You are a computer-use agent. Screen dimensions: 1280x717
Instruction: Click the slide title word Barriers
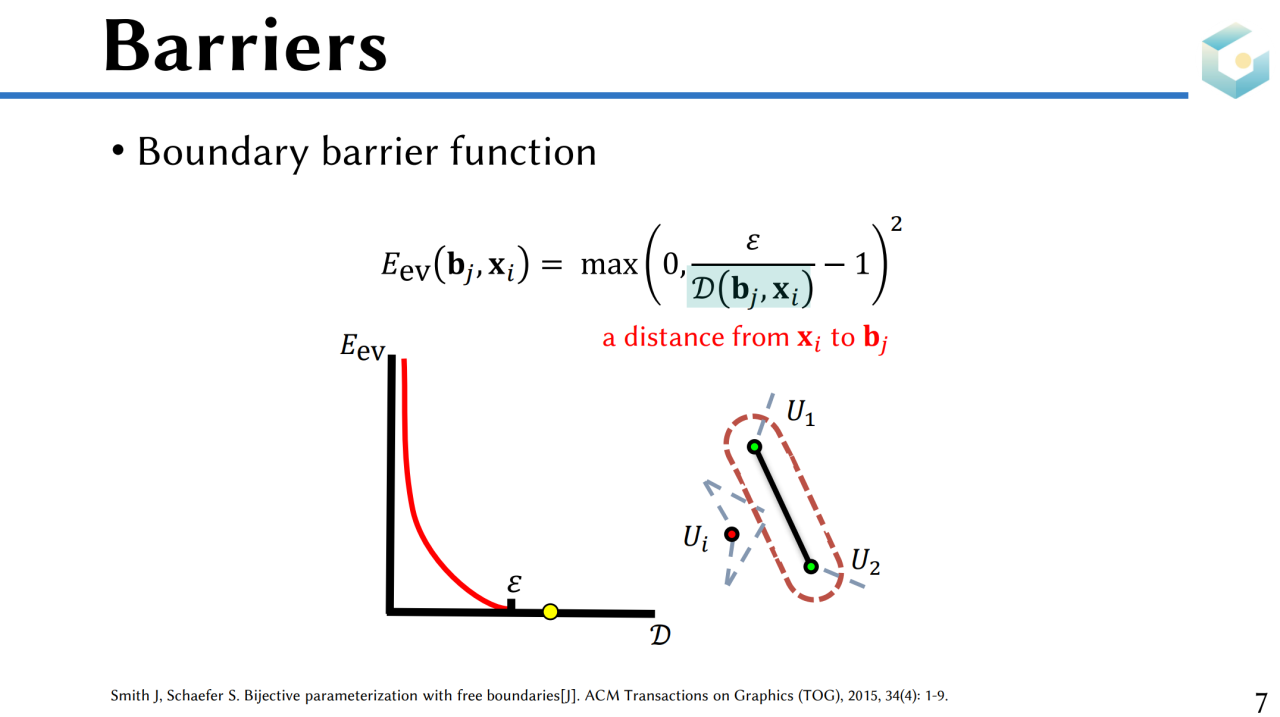[x=246, y=46]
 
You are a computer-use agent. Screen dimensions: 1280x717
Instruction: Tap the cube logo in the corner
[x=1235, y=60]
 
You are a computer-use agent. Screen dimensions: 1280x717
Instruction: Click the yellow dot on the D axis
[x=550, y=612]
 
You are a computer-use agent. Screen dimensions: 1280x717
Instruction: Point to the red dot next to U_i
[x=731, y=534]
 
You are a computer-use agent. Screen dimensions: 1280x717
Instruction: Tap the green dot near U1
[x=754, y=447]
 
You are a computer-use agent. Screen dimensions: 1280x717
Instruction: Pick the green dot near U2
[x=811, y=567]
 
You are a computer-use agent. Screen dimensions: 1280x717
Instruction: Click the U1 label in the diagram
[x=801, y=412]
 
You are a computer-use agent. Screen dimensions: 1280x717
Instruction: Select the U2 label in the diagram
[x=865, y=561]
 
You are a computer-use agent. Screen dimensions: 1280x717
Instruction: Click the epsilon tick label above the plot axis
[x=514, y=584]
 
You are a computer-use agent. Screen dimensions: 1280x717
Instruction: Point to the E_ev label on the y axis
[x=363, y=346]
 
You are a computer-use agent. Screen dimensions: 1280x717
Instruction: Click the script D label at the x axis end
[x=660, y=635]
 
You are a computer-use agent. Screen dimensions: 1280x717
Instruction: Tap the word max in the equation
[x=609, y=265]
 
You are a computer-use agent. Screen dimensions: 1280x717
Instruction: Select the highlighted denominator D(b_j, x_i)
[x=751, y=289]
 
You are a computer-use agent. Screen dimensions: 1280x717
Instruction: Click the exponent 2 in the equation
[x=896, y=223]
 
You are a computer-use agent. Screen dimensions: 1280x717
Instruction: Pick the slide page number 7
[x=1261, y=702]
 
